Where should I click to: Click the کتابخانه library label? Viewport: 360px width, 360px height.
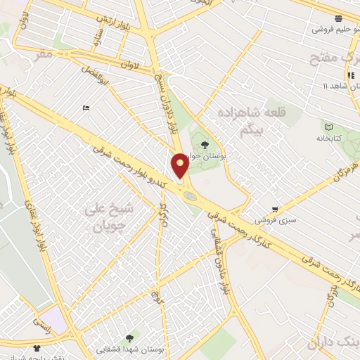(328, 138)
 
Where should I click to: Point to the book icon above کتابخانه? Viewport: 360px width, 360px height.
(328, 127)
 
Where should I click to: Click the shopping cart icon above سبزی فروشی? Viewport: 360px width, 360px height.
(274, 209)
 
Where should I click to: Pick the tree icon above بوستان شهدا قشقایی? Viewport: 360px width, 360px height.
(129, 338)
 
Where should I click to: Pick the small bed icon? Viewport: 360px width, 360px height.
(86, 107)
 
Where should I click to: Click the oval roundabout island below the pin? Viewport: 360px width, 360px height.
(190, 196)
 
